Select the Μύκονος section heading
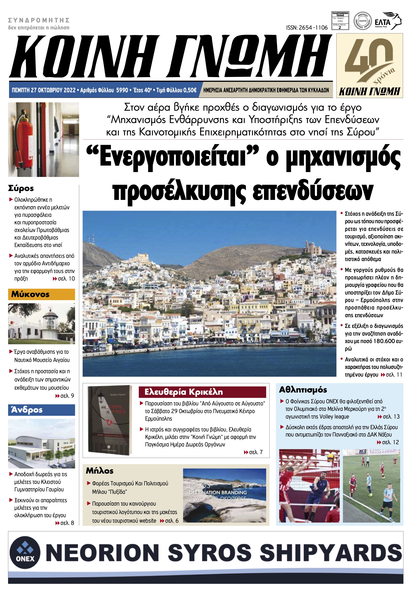click(30, 294)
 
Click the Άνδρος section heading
click(27, 410)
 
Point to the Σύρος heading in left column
click(21, 188)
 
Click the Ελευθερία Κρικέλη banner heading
click(183, 392)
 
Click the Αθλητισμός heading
click(303, 390)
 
